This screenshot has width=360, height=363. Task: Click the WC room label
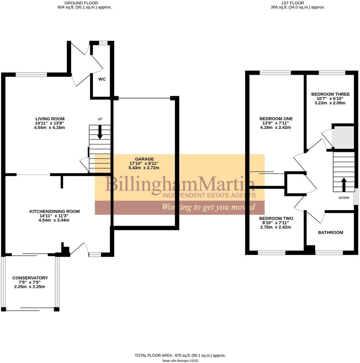click(x=102, y=79)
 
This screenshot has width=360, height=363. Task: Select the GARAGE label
click(x=144, y=159)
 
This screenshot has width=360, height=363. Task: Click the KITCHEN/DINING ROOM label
click(x=54, y=211)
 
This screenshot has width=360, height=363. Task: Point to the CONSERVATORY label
click(x=30, y=278)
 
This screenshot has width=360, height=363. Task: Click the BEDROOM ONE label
click(x=276, y=119)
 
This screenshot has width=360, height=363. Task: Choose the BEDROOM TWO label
click(x=276, y=218)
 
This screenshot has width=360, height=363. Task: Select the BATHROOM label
click(x=330, y=233)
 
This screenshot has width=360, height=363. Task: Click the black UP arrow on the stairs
click(x=100, y=132)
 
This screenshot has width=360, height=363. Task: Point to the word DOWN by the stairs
click(x=344, y=198)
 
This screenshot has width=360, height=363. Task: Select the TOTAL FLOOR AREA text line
click(x=180, y=355)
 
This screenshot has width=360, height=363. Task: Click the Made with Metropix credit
click(x=180, y=361)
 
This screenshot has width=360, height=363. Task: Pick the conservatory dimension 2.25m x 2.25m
click(x=30, y=287)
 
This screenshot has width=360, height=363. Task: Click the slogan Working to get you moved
click(x=208, y=207)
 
